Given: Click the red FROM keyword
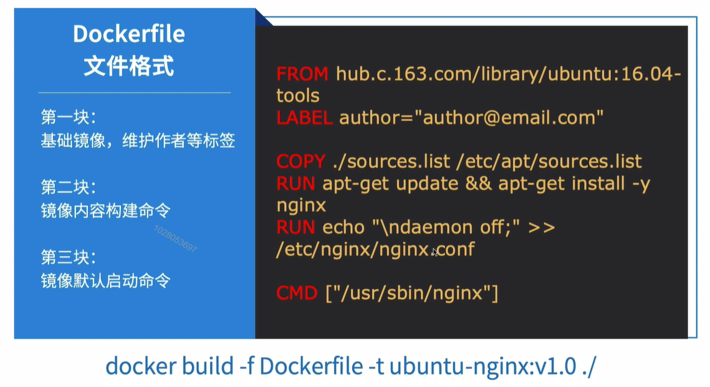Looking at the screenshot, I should [302, 74].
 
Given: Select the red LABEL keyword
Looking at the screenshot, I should [304, 117].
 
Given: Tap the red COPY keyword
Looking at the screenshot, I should [300, 162].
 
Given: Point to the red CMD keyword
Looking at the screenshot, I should [297, 292].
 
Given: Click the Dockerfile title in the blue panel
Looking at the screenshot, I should [129, 34].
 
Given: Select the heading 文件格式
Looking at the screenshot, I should [129, 66].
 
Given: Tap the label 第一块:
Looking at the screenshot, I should [69, 117].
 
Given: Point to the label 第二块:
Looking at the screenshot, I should [69, 187].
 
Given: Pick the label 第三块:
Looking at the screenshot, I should [69, 257].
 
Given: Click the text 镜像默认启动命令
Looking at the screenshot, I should [105, 280].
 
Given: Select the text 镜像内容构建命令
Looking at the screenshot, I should [105, 210].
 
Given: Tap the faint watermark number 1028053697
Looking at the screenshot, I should [175, 238].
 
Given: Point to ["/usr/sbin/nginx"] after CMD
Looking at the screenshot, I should [411, 292].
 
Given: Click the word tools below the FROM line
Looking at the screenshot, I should [298, 96].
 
